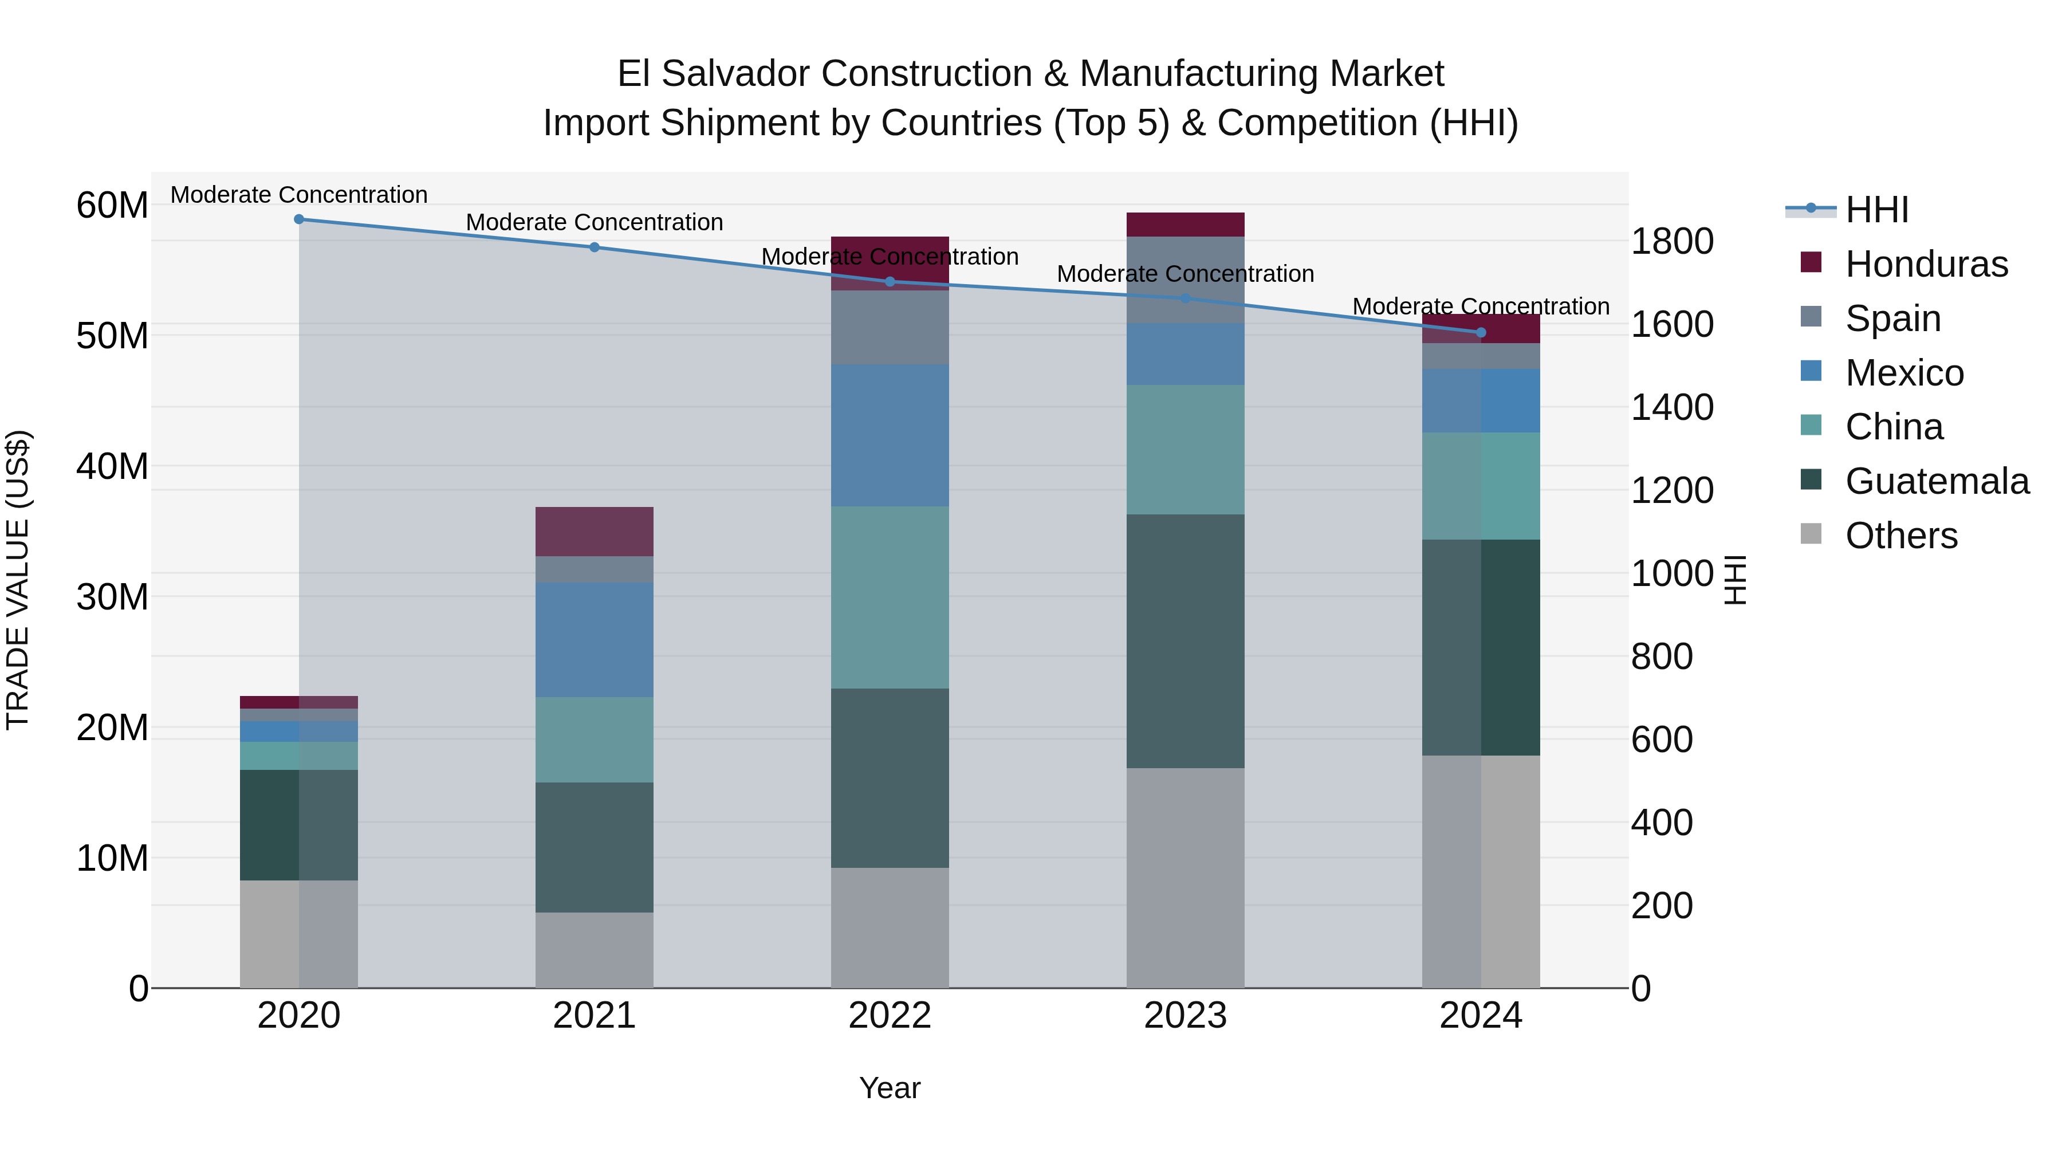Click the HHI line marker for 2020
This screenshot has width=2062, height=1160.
point(298,219)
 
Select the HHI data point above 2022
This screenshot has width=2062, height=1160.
point(890,282)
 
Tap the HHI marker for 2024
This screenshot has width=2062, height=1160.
point(1480,332)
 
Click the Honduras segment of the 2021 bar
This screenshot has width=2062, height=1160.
point(594,531)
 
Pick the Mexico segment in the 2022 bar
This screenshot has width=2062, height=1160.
point(890,435)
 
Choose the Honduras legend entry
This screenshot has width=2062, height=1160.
point(1926,264)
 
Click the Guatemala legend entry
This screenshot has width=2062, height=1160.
point(1937,481)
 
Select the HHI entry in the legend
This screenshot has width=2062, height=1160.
point(1876,210)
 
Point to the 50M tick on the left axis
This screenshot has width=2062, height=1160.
point(112,336)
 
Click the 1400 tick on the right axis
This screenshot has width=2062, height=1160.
point(1672,407)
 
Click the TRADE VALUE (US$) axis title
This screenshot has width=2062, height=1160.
point(18,580)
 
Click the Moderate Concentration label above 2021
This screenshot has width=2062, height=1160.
point(594,223)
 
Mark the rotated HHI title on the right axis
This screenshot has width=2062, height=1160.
point(1734,580)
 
